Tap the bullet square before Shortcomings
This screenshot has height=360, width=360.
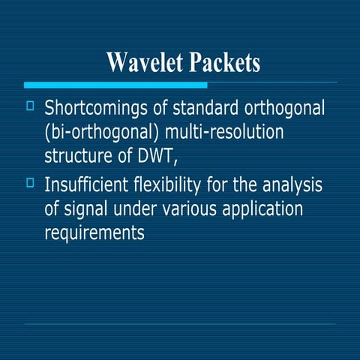click(x=30, y=106)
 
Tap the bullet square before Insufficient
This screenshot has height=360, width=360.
click(x=30, y=181)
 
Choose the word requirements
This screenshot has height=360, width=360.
click(x=94, y=232)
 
